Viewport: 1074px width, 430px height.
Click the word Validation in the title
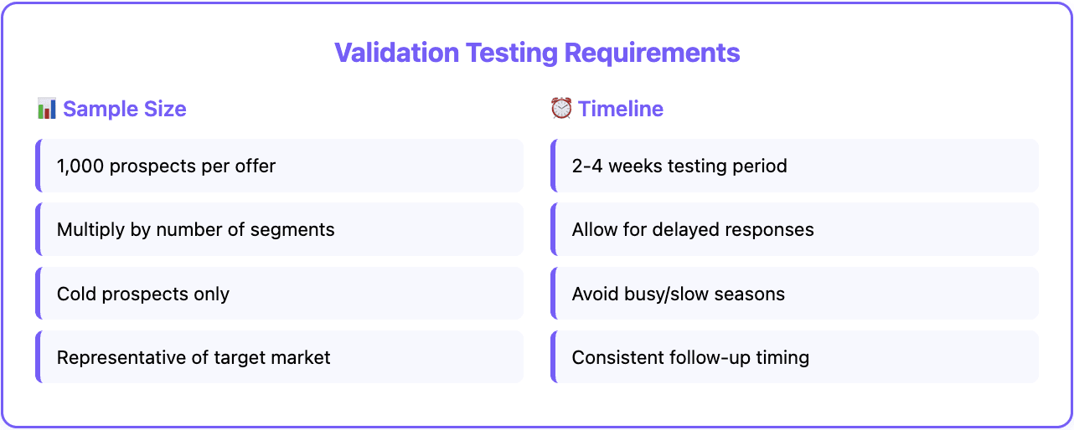[396, 53]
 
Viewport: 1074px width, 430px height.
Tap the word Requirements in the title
[652, 53]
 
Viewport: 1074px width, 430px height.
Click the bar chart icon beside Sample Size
[47, 109]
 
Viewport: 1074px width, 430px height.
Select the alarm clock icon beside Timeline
[560, 109]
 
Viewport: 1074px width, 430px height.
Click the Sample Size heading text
[125, 109]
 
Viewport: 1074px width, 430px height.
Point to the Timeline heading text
[621, 109]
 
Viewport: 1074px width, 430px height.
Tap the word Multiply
[90, 229]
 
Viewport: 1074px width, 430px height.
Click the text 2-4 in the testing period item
[587, 166]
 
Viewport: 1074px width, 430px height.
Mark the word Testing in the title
[512, 53]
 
